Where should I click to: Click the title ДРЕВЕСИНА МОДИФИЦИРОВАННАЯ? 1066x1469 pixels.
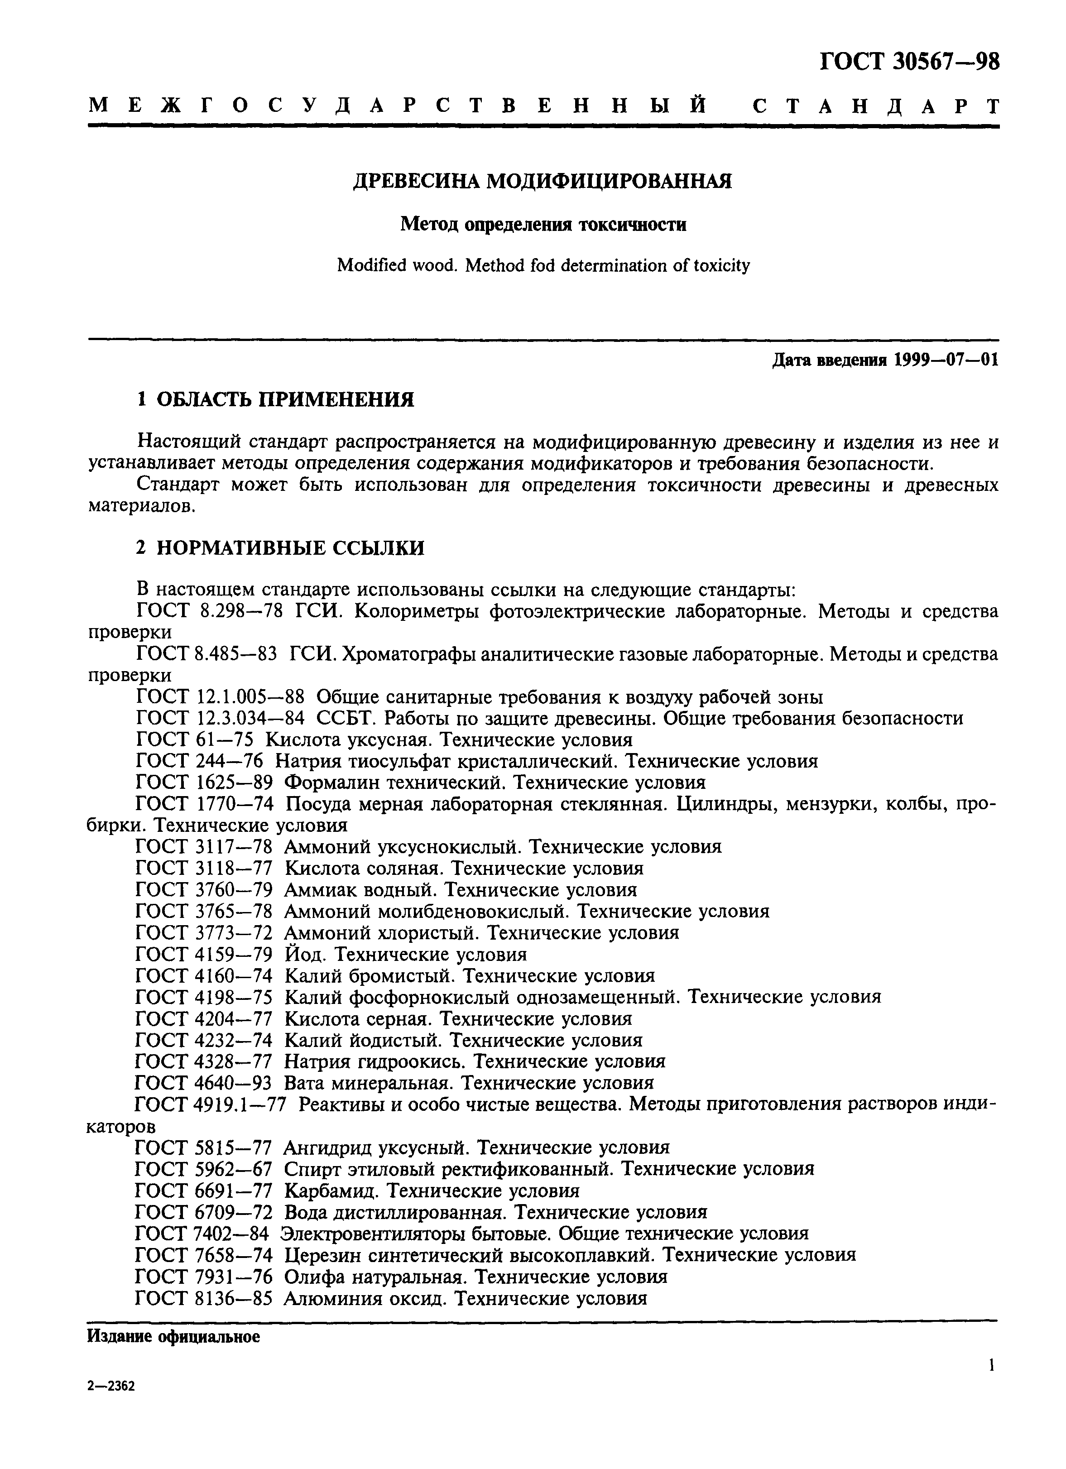coord(542,181)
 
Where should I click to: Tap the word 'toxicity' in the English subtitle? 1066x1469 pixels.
coord(722,265)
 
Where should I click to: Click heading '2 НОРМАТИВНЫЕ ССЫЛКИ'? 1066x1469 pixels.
coord(280,548)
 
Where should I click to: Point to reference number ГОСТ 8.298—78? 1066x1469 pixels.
coord(210,611)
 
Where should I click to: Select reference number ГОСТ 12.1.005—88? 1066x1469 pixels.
coord(220,697)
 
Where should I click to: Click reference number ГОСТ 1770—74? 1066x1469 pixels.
coord(204,804)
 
